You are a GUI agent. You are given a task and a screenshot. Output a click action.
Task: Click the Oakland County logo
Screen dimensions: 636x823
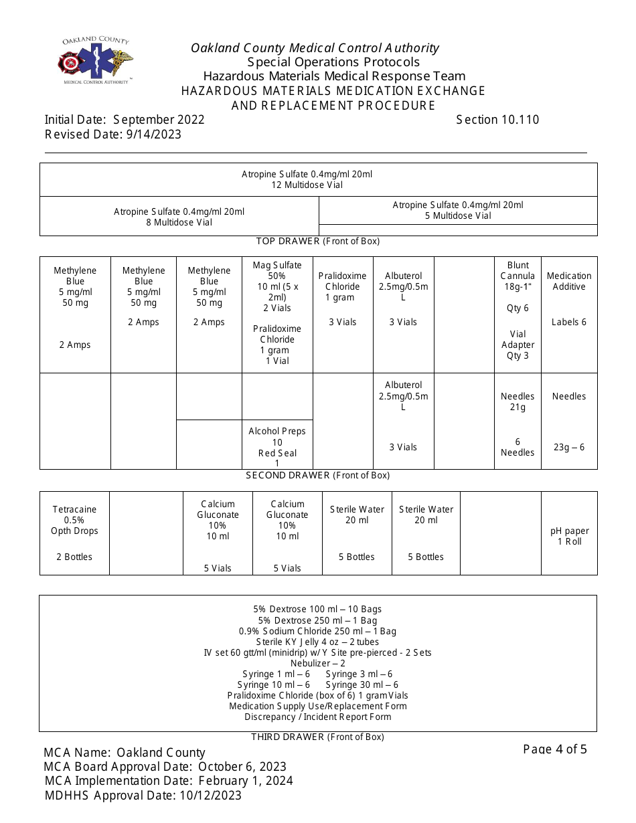tap(95, 61)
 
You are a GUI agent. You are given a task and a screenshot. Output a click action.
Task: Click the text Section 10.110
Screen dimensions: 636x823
tap(497, 120)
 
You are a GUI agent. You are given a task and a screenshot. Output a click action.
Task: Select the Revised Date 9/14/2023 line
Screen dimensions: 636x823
tap(113, 134)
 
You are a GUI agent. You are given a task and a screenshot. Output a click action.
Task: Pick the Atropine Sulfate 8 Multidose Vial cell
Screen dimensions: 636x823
tap(179, 217)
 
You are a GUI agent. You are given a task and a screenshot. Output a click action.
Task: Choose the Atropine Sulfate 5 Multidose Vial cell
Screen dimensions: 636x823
tap(458, 210)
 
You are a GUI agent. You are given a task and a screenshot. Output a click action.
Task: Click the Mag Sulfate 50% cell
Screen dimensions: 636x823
tap(277, 313)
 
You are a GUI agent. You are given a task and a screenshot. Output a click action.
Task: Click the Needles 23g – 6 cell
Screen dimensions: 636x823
tap(569, 422)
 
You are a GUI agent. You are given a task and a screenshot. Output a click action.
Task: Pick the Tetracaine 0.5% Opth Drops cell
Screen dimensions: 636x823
tap(74, 533)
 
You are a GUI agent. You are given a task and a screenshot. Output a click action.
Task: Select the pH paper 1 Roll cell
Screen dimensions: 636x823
tap(569, 536)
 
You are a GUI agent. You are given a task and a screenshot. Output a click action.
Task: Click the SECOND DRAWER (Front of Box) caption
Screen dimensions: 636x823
tap(318, 475)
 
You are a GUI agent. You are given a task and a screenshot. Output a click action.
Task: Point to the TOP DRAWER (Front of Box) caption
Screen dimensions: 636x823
tap(318, 241)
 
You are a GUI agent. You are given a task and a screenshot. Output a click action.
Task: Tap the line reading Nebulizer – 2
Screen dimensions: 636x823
tap(318, 663)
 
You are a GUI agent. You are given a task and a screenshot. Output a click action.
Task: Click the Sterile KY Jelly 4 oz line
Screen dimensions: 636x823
tap(318, 642)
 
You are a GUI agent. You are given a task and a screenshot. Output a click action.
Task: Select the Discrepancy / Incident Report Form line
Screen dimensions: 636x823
tap(318, 717)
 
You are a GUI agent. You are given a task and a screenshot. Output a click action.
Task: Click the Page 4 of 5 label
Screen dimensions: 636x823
tap(555, 749)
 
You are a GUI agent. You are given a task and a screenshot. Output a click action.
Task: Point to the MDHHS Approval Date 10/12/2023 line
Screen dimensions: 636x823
tap(143, 796)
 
